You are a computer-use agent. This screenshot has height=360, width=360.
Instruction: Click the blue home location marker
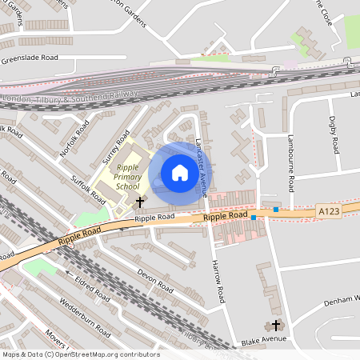(x=180, y=173)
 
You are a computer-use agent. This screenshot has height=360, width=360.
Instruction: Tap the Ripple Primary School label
(x=127, y=177)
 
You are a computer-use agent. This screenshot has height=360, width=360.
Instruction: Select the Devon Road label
(x=155, y=280)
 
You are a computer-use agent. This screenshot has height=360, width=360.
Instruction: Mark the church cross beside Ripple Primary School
(x=141, y=202)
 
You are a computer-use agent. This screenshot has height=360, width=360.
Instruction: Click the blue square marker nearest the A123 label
(x=276, y=210)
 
